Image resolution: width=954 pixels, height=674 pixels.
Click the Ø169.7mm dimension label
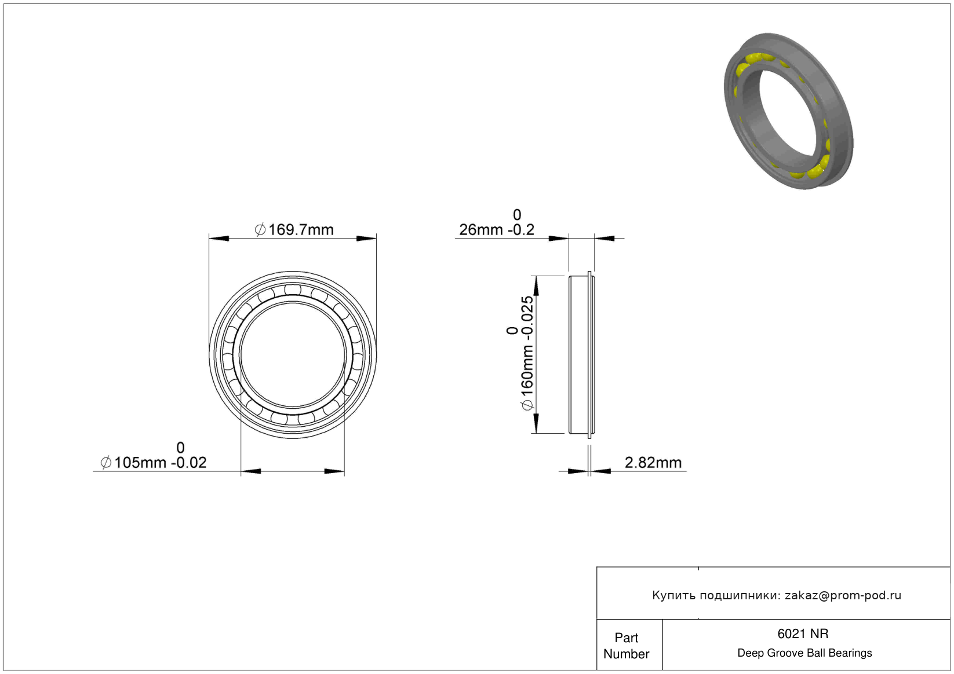point(294,230)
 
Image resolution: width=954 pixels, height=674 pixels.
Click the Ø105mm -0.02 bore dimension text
point(154,463)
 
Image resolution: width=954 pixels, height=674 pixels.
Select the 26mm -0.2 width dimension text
point(496,230)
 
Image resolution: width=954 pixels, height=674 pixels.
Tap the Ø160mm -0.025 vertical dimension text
point(527,353)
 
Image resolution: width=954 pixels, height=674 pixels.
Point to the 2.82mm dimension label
point(653,463)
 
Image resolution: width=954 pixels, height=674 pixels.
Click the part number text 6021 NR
point(803,634)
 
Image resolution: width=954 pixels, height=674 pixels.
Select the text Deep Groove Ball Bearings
point(804,653)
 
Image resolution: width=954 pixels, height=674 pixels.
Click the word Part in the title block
point(626,638)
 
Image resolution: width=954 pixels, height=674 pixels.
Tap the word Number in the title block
point(626,654)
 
